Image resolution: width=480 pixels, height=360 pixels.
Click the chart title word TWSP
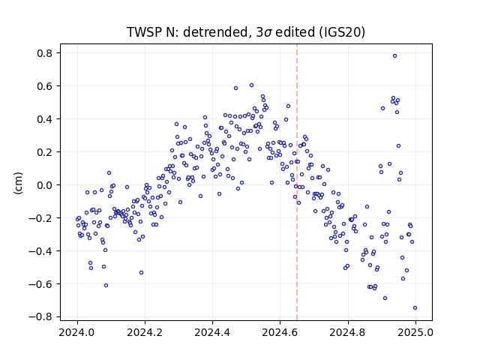[145, 32]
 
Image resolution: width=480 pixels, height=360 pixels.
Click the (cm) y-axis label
[18, 183]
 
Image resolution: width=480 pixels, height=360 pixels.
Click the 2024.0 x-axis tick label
[77, 332]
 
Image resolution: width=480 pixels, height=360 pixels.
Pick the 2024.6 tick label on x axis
[280, 332]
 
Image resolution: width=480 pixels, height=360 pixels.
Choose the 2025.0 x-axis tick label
[415, 332]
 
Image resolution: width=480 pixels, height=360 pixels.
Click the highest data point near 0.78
[395, 56]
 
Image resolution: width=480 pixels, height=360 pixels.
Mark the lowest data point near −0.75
[415, 308]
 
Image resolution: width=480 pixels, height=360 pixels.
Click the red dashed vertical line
[297, 182]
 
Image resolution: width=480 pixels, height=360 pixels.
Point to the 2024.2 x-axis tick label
[145, 332]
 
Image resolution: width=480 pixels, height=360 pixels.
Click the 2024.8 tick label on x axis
[348, 332]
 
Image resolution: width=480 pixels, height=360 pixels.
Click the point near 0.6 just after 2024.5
[252, 85]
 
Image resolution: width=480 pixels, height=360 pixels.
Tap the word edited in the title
[295, 32]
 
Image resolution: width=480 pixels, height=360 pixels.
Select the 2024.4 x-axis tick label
[212, 332]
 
